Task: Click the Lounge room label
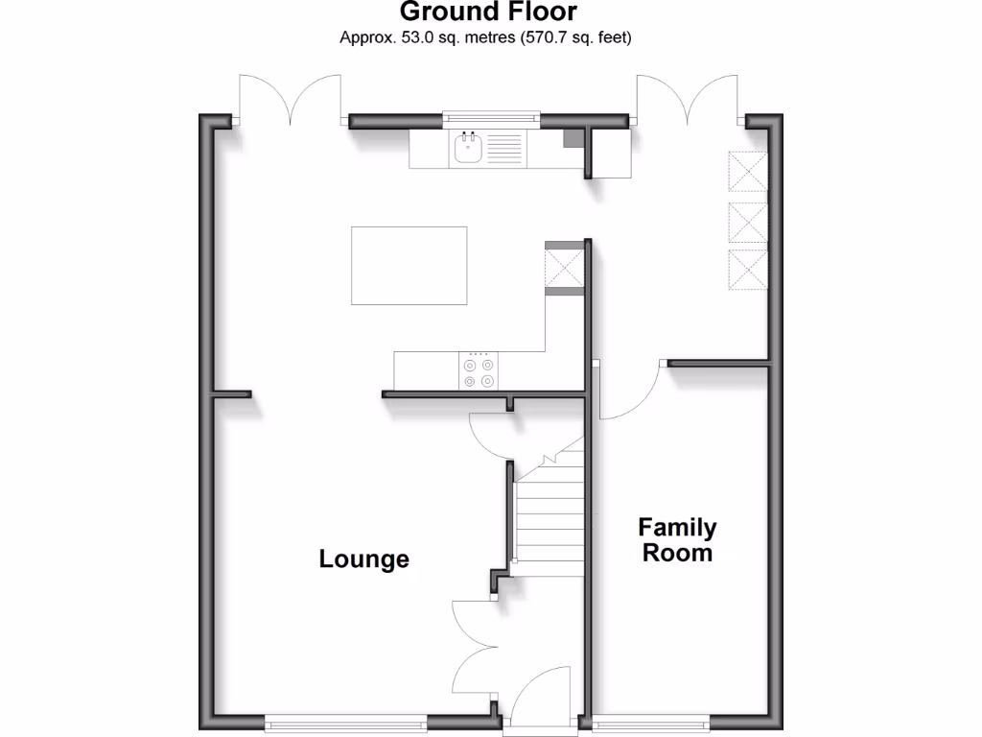point(364,559)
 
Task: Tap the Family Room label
point(677,540)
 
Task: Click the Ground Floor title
point(488,12)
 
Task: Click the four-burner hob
point(479,372)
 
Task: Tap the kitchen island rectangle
point(409,265)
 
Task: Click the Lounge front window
point(346,721)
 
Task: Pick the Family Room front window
point(651,721)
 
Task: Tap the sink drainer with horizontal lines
point(505,148)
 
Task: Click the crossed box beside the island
point(564,266)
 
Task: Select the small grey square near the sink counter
point(572,138)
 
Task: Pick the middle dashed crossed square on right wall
point(749,223)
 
